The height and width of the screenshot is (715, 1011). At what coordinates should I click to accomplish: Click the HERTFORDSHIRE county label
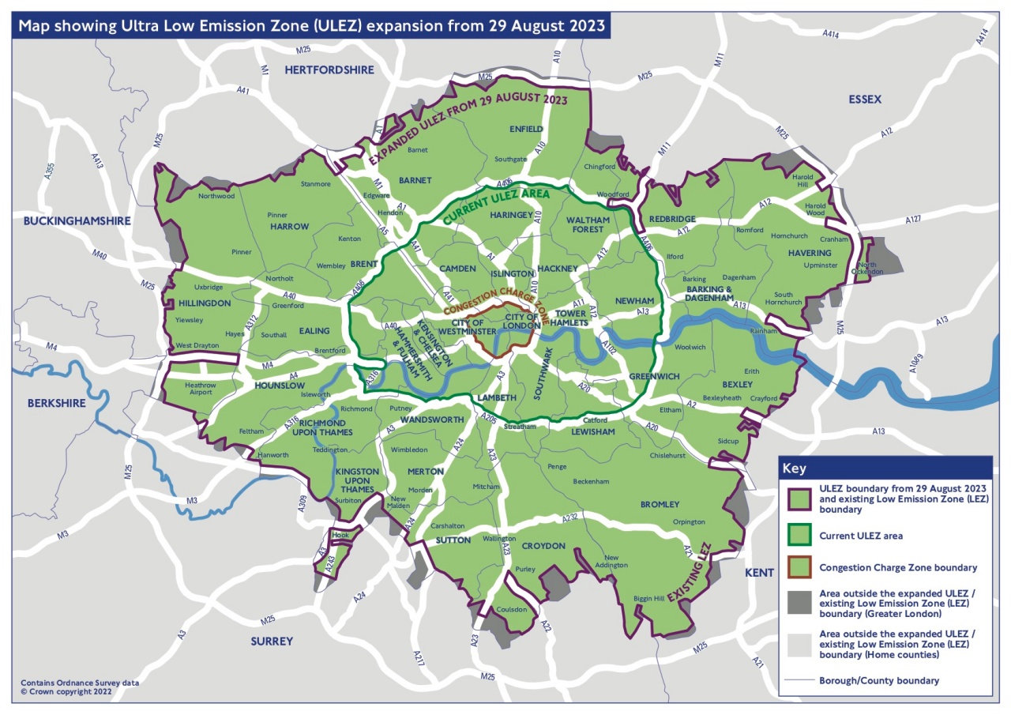coord(329,70)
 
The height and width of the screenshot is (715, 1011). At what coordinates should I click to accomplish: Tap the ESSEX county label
coord(865,100)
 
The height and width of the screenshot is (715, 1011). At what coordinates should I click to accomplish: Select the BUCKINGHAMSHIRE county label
coord(76,221)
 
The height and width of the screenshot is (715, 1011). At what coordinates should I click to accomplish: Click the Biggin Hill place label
coord(648,598)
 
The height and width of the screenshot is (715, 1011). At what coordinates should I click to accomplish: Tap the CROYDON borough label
coord(543,546)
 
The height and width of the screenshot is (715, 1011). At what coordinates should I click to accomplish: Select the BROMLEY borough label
coord(660,504)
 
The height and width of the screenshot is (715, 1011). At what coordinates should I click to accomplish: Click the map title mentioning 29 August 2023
coord(312,25)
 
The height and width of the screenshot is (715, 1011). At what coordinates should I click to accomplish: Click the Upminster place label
coord(819,265)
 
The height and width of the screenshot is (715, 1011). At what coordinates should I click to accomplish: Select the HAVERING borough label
coord(810,253)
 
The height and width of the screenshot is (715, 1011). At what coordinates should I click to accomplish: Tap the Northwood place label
coord(216,196)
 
